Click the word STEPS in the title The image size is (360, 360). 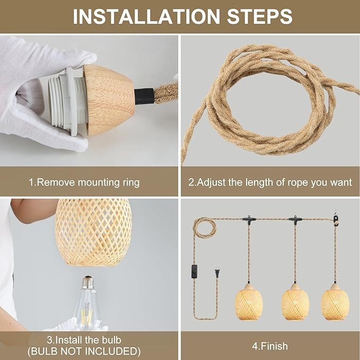258,16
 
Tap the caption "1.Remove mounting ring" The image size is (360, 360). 84,182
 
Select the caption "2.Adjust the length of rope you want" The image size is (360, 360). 270,182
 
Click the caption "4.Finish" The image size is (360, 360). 270,346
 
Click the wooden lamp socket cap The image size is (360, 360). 109,99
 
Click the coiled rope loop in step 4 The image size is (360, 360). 204,227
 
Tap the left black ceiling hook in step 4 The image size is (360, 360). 248,218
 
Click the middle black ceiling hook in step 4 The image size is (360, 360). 295,218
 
